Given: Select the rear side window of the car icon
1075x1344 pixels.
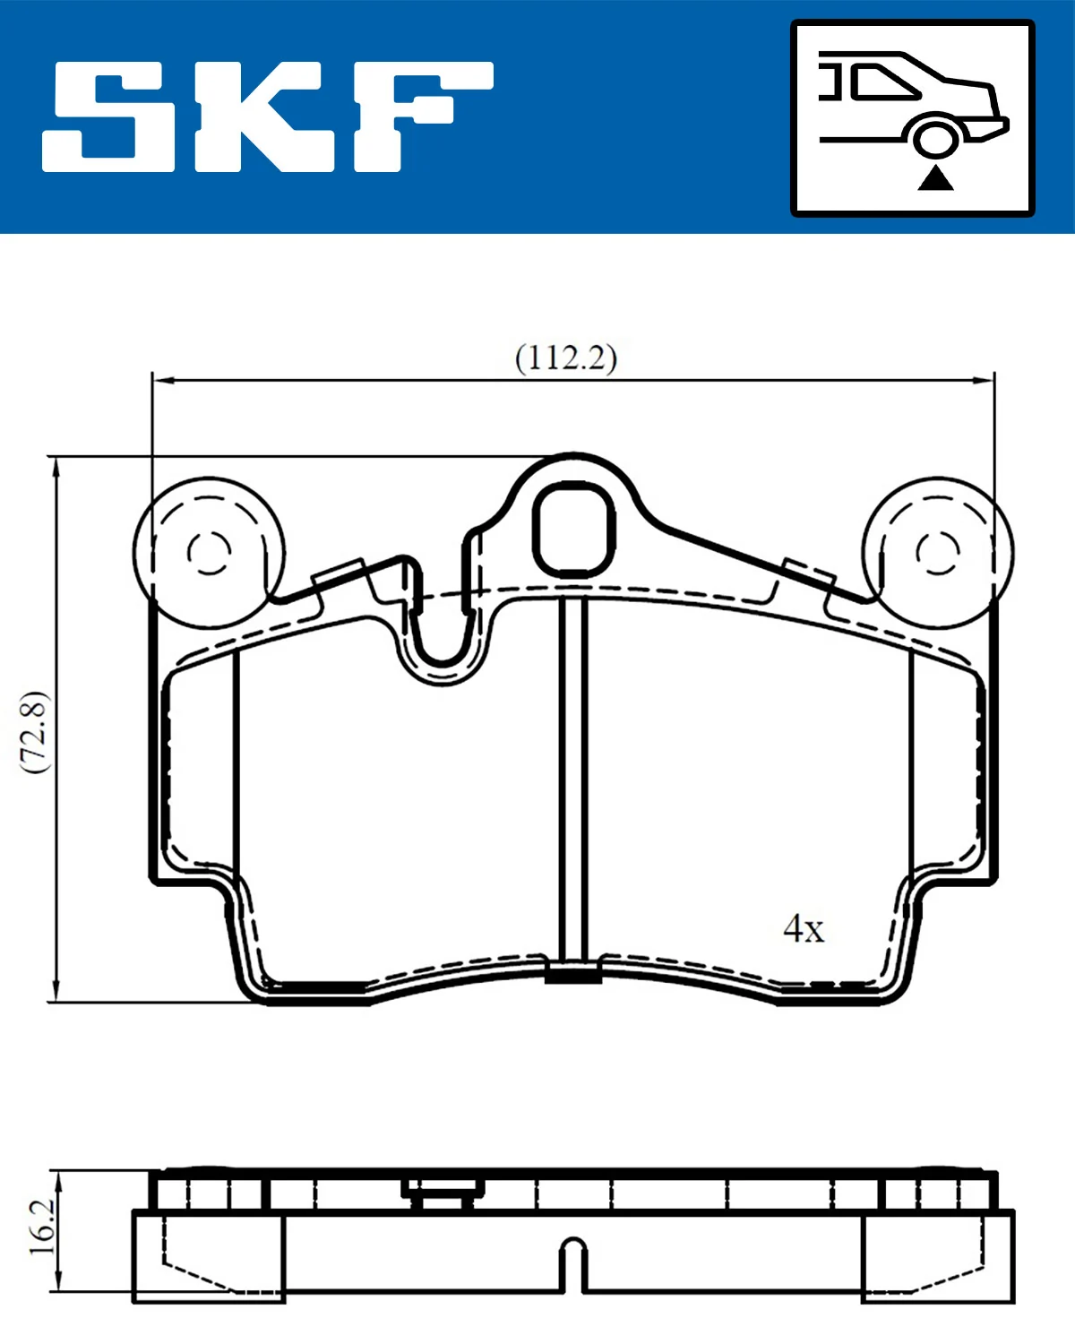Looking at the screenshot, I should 882,82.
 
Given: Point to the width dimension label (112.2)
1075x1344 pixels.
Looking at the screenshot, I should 566,358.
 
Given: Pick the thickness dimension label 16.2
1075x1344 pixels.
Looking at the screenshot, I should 41,1228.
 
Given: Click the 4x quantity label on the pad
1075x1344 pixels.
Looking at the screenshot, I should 804,929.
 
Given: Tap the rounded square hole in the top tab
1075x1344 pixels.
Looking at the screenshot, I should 573,529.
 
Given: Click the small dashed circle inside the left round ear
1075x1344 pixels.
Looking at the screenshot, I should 210,551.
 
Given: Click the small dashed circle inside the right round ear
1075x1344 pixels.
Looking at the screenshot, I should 938,551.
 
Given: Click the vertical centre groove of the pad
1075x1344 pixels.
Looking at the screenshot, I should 572,780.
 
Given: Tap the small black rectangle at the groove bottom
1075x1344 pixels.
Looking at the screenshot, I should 573,975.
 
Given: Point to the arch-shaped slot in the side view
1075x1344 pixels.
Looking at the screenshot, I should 573,1263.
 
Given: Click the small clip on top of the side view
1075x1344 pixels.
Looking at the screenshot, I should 442,1192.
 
